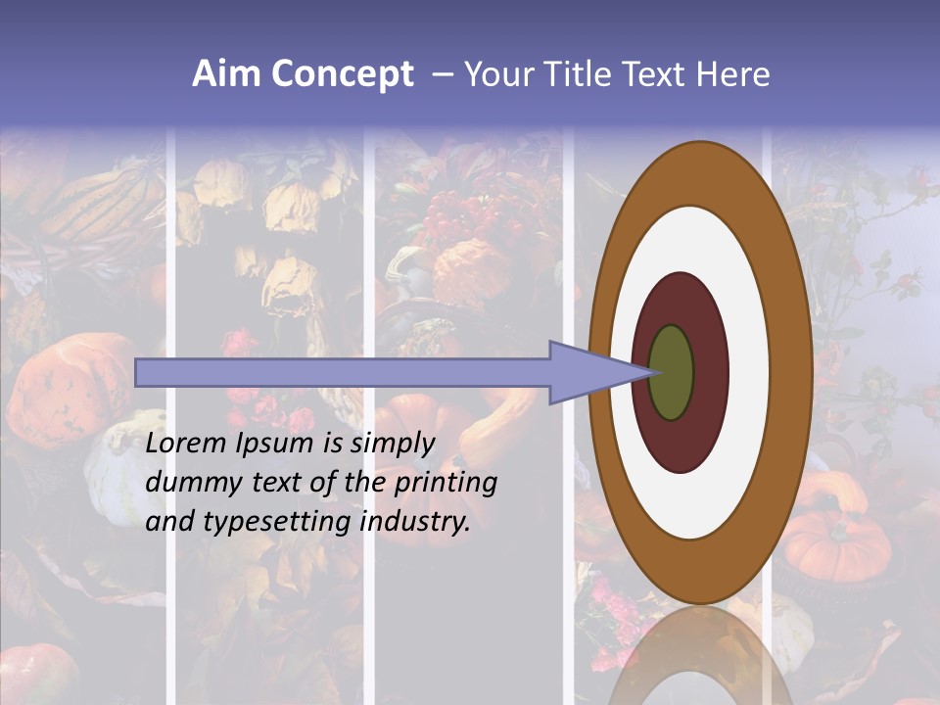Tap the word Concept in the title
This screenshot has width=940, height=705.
click(x=342, y=74)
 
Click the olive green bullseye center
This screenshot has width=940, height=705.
click(x=672, y=373)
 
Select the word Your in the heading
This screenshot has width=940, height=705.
click(x=495, y=74)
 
